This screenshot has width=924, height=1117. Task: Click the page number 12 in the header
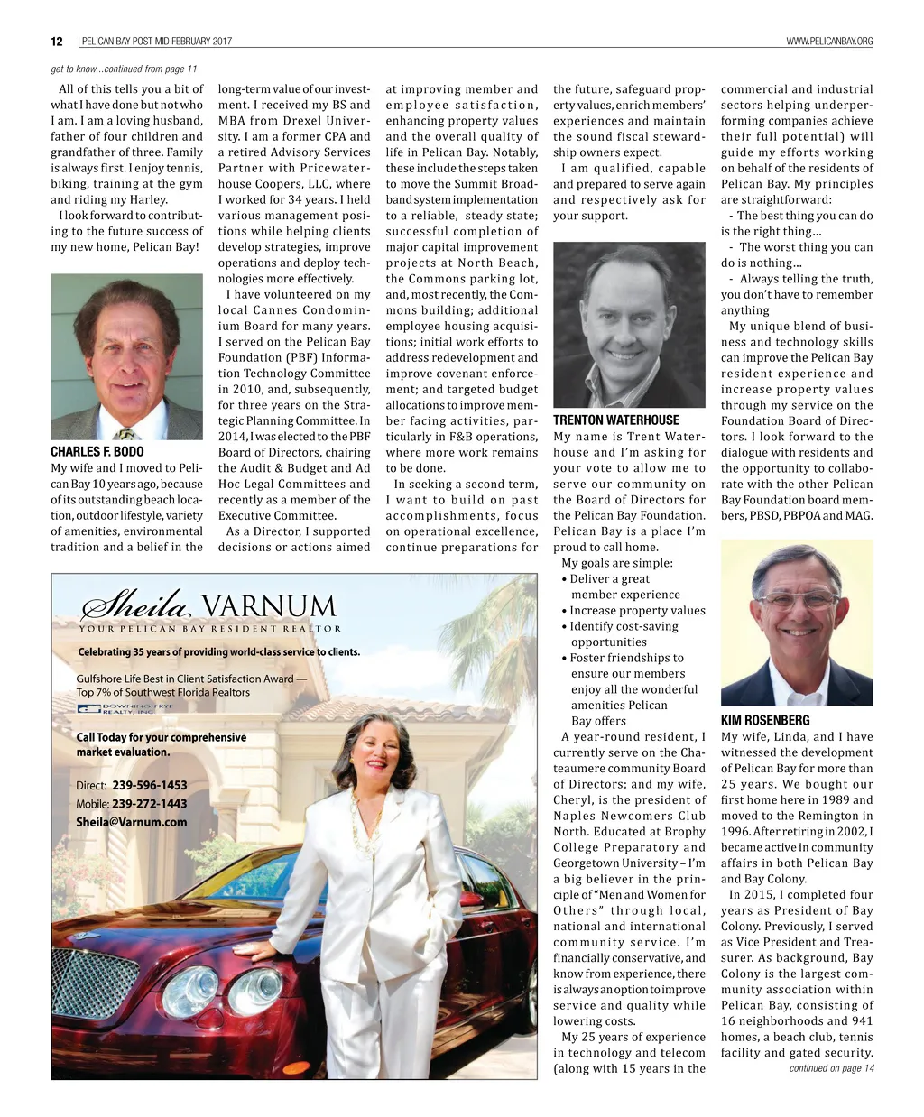pos(56,42)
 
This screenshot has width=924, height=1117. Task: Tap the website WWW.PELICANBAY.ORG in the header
pos(829,42)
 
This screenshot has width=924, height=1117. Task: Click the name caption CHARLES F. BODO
pos(97,452)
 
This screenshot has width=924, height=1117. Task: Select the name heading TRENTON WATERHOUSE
pos(616,420)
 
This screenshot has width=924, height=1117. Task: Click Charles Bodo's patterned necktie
pos(126,433)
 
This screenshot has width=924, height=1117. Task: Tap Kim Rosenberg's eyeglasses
pos(796,600)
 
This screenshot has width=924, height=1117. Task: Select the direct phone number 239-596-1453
pos(150,786)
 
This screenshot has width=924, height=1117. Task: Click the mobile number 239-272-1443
pos(150,804)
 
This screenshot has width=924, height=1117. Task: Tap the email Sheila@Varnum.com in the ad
pos(132,822)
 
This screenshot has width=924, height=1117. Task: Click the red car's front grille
pos(94,984)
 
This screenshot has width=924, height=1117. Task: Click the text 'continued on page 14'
pos(831,1068)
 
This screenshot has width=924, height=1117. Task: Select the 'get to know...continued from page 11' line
pos(124,69)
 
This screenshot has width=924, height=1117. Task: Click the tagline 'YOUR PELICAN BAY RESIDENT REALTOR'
pos(209,629)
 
